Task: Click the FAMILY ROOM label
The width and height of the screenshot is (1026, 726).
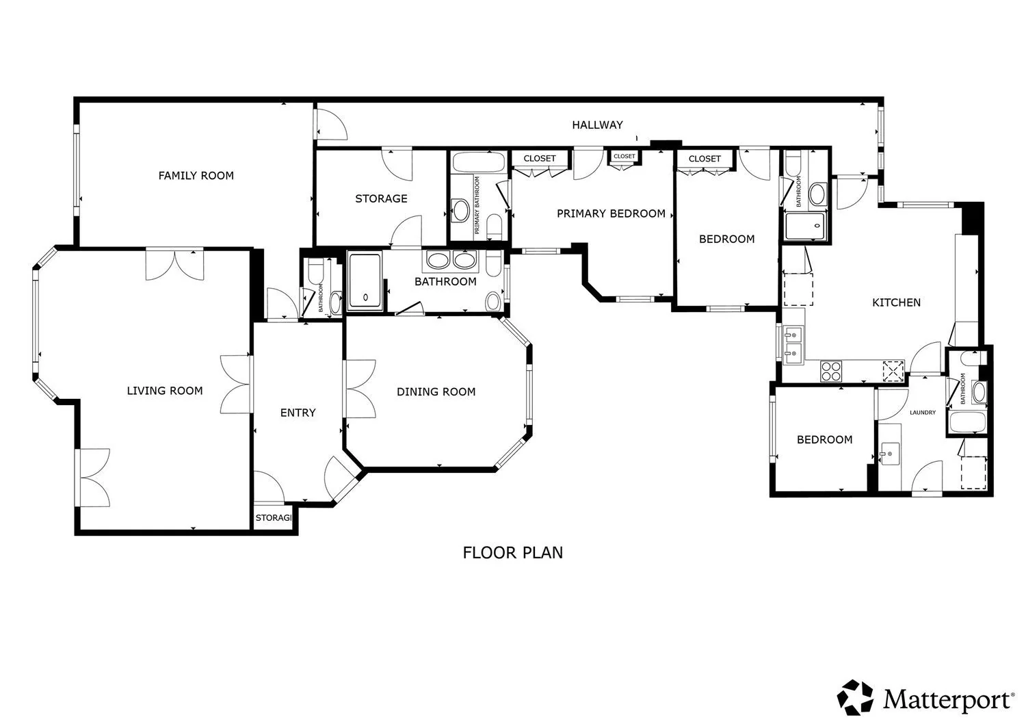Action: point(196,176)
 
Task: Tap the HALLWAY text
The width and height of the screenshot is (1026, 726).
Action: point(597,125)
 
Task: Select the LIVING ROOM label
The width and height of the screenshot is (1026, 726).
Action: point(164,391)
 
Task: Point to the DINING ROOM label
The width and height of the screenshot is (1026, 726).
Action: point(436,392)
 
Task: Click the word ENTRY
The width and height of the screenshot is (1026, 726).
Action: point(298,413)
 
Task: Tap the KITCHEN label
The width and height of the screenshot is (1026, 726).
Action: point(896,302)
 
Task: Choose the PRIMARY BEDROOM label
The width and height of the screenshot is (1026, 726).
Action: point(611,213)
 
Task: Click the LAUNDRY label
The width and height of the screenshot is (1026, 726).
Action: point(923,413)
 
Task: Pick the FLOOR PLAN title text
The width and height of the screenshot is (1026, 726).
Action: point(513,553)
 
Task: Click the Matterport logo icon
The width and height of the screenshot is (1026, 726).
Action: point(855,697)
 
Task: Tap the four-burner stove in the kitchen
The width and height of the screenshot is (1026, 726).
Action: point(831,372)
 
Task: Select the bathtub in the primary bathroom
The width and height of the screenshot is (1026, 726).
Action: point(478,163)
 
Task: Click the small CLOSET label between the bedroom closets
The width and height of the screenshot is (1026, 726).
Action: point(624,156)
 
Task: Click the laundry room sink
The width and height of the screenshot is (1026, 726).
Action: point(890,453)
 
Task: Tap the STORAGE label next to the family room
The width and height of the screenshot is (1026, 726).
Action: point(381,198)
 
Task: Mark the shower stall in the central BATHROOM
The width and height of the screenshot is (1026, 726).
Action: point(365,281)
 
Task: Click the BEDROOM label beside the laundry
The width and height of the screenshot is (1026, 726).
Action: point(824,439)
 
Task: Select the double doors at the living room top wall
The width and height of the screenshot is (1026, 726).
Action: point(174,264)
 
